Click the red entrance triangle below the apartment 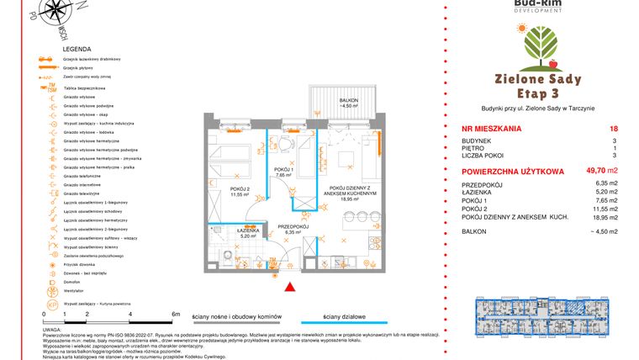tap(290, 289)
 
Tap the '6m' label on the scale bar tap(175, 313)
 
